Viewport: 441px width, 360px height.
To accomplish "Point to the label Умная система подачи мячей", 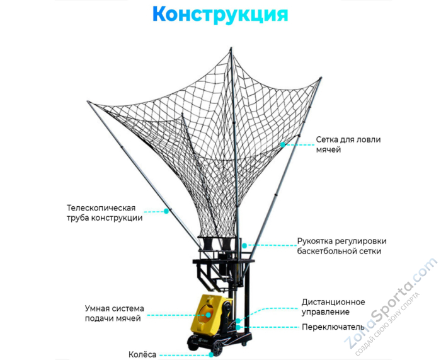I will [x=115, y=313].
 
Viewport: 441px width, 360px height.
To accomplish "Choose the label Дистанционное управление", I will [x=333, y=307].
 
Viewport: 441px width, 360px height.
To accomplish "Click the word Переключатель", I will [x=333, y=327].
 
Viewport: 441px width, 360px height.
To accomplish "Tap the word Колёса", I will [x=142, y=354].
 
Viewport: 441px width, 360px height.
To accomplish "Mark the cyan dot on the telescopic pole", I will [x=167, y=211].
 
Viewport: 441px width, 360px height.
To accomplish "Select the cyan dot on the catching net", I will [x=283, y=144].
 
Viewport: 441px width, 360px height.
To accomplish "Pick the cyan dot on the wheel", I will [x=210, y=354].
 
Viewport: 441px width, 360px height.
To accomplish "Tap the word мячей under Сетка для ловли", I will [x=328, y=150].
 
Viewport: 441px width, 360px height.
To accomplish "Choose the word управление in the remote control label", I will [x=325, y=312].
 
